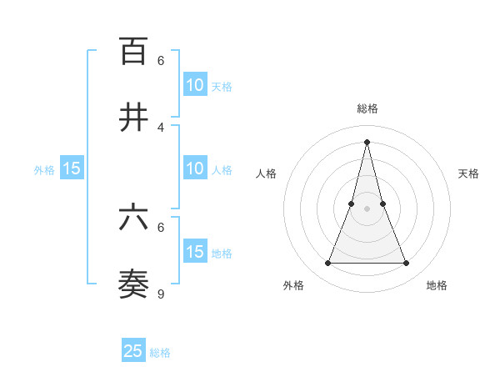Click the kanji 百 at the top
click(133, 51)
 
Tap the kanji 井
click(133, 118)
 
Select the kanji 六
click(133, 218)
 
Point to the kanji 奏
click(133, 284)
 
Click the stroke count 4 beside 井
click(161, 127)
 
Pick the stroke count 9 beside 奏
click(161, 294)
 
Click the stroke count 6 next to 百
click(161, 60)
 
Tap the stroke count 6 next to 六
click(161, 227)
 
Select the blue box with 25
click(133, 351)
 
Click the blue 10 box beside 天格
click(195, 84)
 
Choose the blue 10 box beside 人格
click(195, 168)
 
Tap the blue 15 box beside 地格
click(195, 252)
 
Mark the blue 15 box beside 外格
click(72, 168)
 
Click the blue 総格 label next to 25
click(160, 353)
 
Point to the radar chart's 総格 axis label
click(367, 108)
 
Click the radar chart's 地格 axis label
click(437, 285)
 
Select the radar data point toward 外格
click(327, 264)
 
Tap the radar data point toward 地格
click(407, 264)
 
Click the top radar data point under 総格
click(367, 141)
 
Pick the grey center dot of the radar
click(367, 209)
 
